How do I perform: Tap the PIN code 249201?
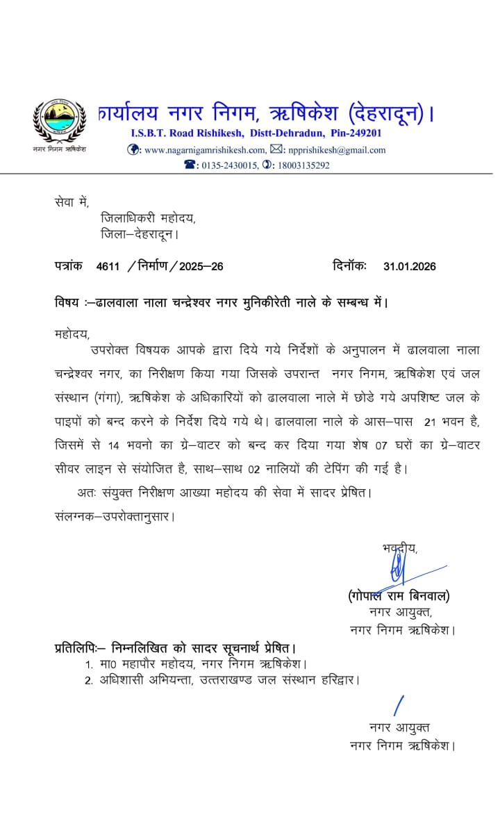364,133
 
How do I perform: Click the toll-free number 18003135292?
302,165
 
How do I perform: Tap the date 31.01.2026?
409,266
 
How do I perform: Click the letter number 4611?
108,266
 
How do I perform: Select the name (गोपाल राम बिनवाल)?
399,595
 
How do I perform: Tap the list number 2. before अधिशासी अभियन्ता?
89,680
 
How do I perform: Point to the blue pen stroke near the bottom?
399,705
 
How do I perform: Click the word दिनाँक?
349,266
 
